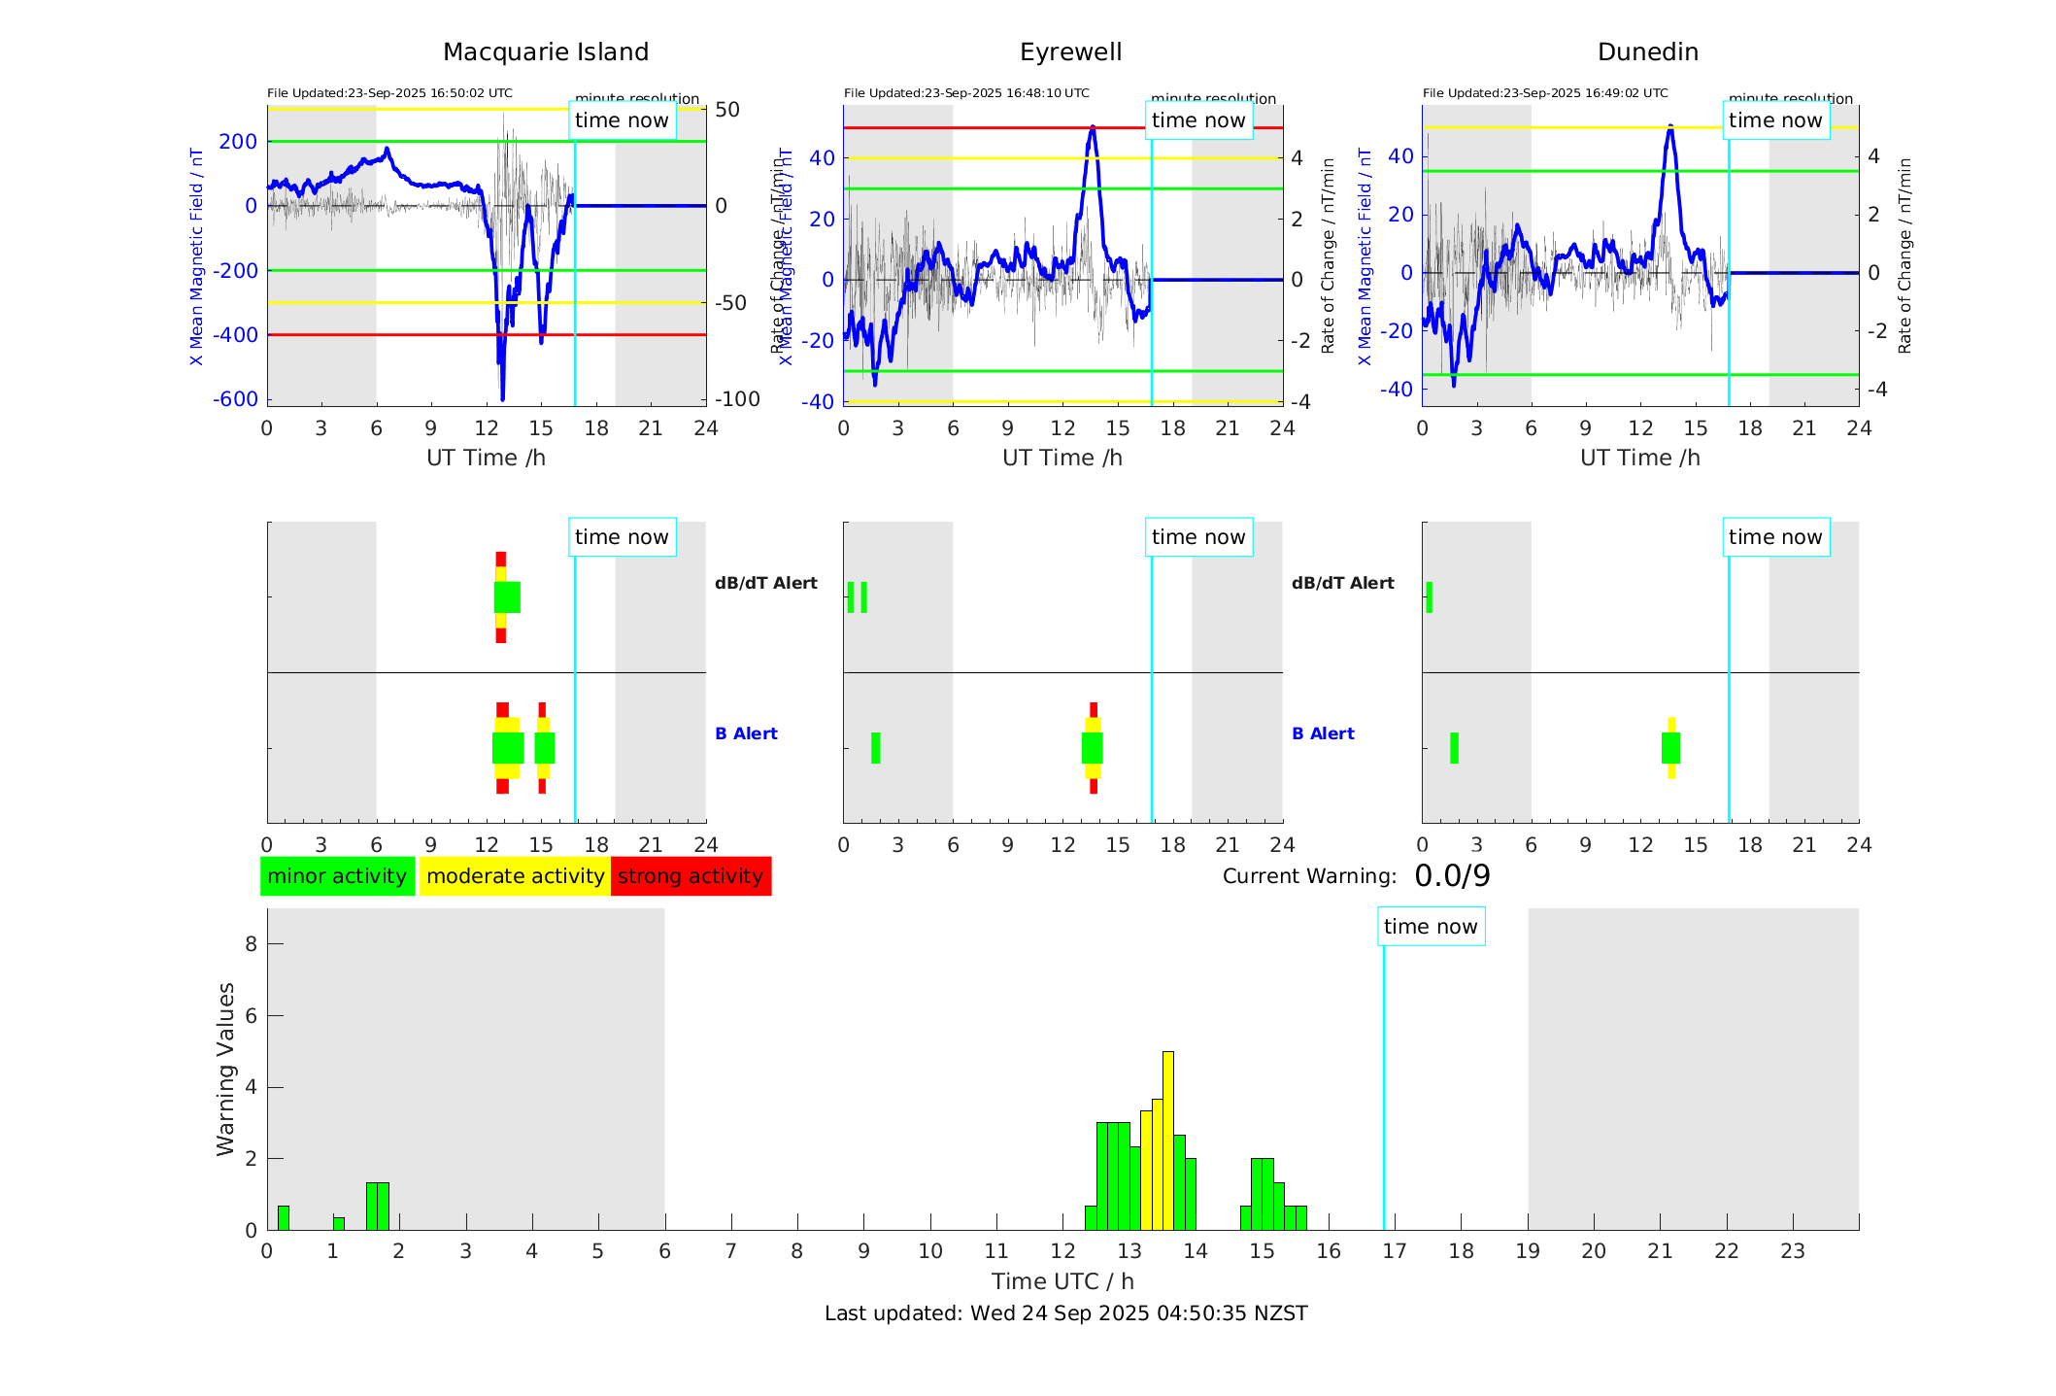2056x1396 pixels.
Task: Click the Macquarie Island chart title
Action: tap(545, 52)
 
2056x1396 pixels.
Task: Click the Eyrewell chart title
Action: tap(1070, 52)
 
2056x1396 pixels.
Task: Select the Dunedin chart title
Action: tap(1647, 52)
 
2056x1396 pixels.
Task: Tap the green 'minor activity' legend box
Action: tap(337, 876)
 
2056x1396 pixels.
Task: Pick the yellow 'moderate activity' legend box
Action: tap(515, 876)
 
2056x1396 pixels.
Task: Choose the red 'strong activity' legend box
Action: tap(691, 876)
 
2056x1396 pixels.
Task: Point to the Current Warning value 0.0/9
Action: tap(1452, 876)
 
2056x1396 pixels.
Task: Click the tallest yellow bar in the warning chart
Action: tap(1167, 1137)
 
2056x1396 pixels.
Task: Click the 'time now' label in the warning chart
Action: tap(1431, 927)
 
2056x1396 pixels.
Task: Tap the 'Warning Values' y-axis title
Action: tap(225, 1069)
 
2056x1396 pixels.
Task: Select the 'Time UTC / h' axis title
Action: tap(1062, 1281)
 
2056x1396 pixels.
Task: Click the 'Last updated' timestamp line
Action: tap(1065, 1313)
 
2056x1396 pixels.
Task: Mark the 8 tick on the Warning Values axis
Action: tap(251, 943)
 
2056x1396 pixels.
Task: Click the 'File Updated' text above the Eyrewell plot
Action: tap(966, 93)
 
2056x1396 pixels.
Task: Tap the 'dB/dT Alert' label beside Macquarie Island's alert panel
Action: tap(765, 583)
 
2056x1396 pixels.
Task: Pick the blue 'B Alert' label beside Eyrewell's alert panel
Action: tap(1323, 733)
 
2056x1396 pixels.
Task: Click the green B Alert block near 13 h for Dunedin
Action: tap(1670, 748)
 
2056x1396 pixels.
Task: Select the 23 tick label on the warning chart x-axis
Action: tap(1792, 1251)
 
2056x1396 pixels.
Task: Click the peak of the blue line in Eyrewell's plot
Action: tap(1093, 128)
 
